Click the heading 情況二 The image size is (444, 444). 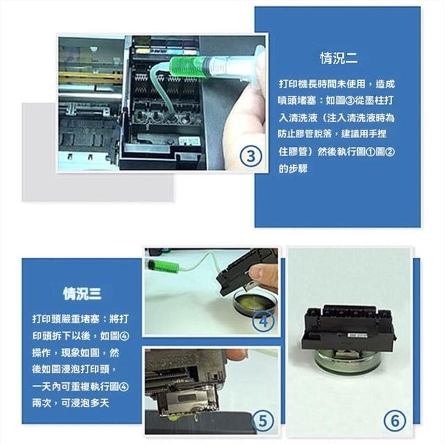coord(339,58)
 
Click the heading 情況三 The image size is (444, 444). coord(82,293)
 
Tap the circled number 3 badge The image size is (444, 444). coord(251,156)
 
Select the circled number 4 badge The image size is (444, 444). coord(264,321)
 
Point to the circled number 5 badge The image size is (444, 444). coord(263,420)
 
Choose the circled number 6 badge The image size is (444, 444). coord(395,420)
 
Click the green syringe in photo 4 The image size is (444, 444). coord(163,266)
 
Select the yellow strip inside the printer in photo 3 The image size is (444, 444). coord(91,77)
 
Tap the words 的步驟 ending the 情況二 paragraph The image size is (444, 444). coord(293,169)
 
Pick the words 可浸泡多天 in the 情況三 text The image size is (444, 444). coord(85,403)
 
